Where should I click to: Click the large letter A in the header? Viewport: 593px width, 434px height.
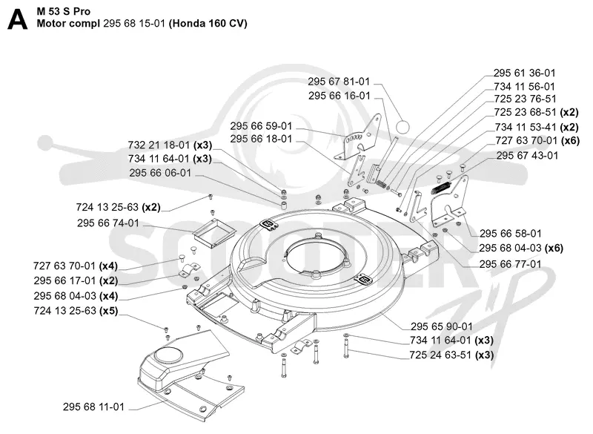[x=17, y=19]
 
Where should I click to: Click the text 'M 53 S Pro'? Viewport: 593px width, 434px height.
[x=64, y=11]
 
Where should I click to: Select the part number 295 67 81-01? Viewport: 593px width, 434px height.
[x=339, y=82]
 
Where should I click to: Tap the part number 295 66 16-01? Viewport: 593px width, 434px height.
[x=339, y=96]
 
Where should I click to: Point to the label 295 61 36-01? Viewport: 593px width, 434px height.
[x=524, y=73]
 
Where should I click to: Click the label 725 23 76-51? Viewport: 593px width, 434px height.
[x=525, y=99]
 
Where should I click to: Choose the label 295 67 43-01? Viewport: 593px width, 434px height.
[x=527, y=156]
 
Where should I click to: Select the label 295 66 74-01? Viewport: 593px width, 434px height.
[x=108, y=223]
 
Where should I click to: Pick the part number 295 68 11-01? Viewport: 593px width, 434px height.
[x=93, y=407]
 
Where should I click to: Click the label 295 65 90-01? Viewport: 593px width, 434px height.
[x=441, y=326]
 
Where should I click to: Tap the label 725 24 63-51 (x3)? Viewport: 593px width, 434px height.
[x=451, y=355]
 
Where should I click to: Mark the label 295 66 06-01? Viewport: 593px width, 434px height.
[x=160, y=173]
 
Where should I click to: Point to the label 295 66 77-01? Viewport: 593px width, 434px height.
[x=510, y=263]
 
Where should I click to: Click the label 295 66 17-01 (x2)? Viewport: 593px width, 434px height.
[x=76, y=280]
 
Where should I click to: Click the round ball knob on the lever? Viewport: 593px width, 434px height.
[x=402, y=127]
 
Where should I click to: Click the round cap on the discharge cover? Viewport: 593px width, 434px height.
[x=168, y=356]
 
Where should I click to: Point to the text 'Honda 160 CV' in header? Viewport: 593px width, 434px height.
[x=208, y=24]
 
